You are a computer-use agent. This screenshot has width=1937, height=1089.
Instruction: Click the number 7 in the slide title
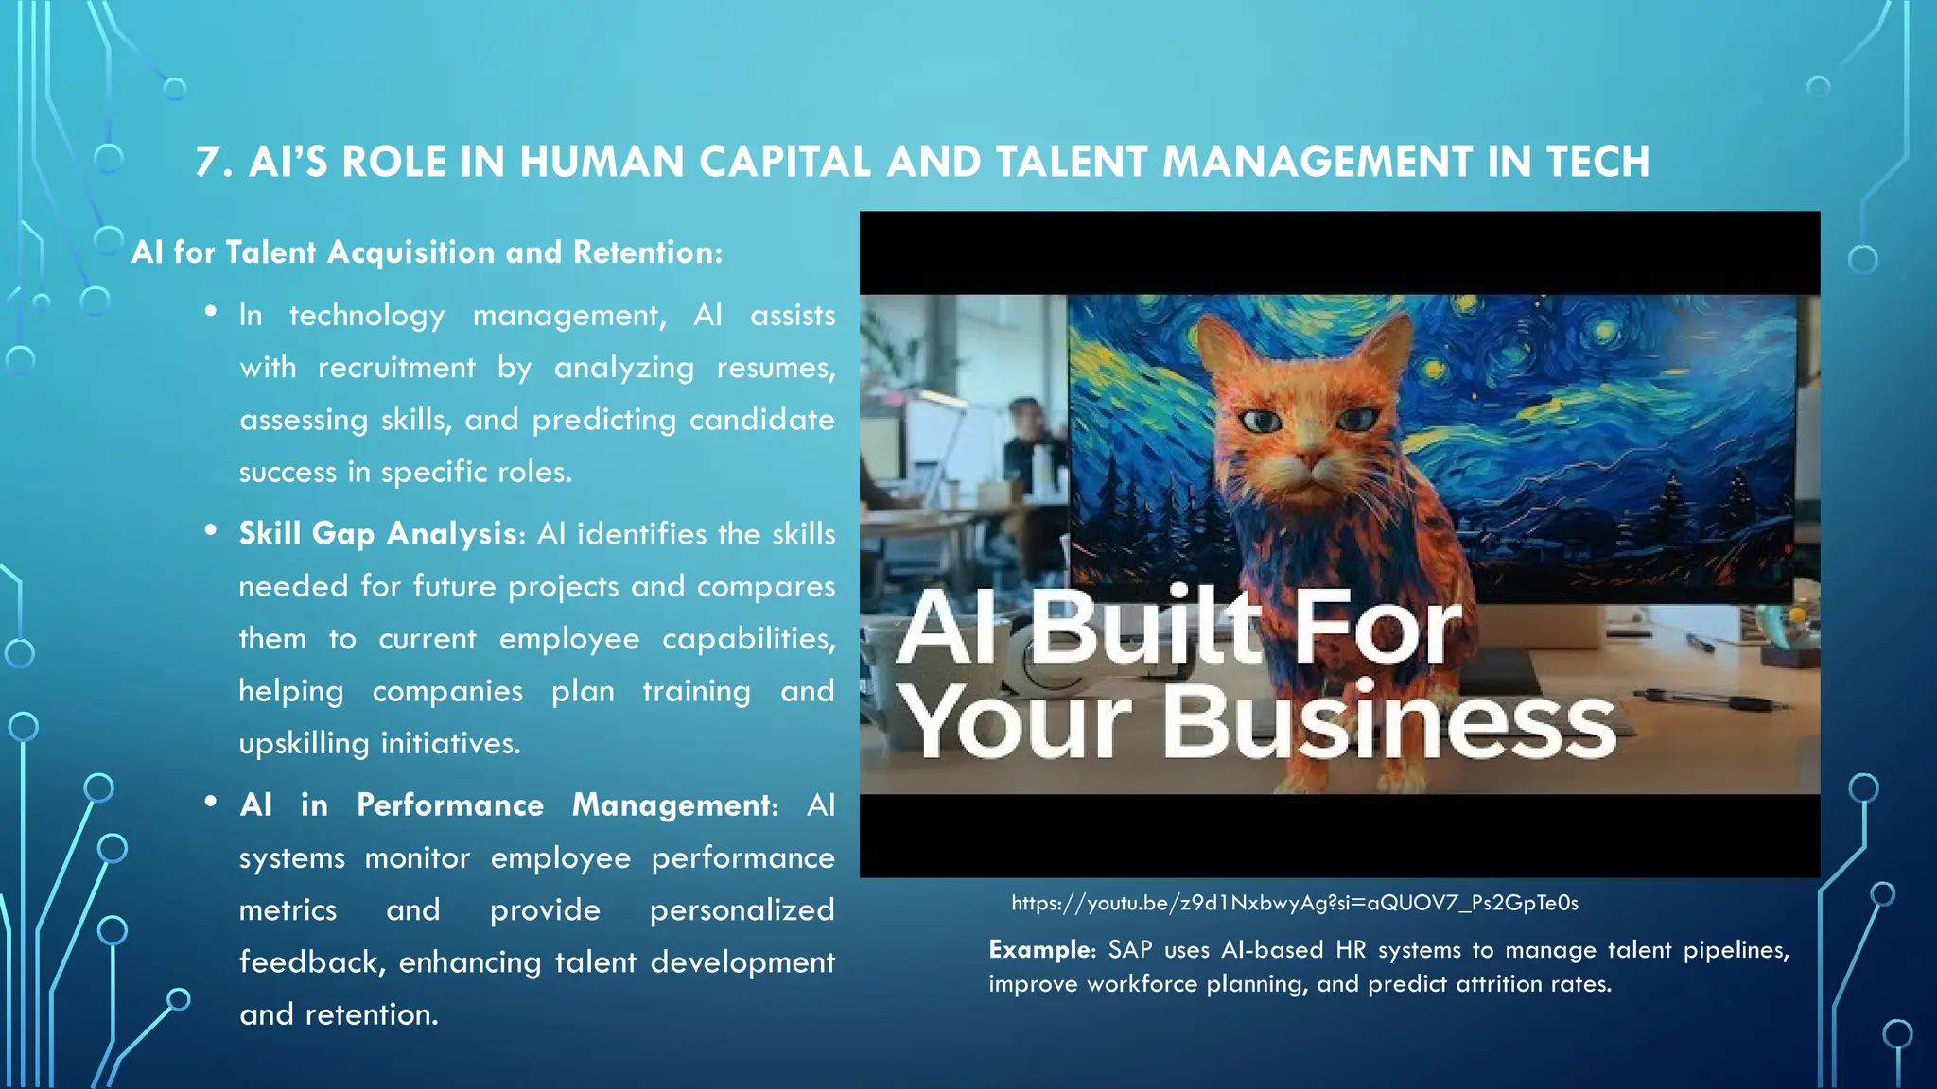pos(208,163)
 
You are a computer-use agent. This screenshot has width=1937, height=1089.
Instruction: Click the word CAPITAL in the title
pos(784,163)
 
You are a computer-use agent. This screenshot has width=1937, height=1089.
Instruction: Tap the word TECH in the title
pos(1597,163)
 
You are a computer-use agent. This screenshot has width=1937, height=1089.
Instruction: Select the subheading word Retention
pos(646,252)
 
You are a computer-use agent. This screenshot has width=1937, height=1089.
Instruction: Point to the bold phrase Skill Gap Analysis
pos(377,534)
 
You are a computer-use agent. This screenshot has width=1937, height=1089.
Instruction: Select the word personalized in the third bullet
pos(742,910)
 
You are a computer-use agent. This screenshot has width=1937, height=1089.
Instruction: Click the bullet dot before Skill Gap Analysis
pos(211,529)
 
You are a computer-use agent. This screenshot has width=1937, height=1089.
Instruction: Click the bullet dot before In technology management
pos(211,310)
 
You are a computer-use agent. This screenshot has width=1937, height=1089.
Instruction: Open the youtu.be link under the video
pos(1295,903)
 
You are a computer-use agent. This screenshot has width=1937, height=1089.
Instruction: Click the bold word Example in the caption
pos(1040,950)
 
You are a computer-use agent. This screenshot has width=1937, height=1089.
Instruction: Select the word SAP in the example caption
pos(1129,950)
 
